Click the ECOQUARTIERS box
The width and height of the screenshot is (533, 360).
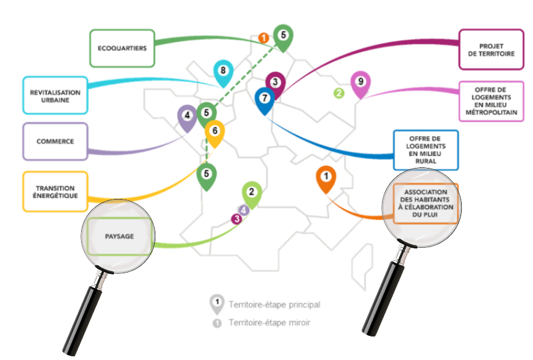pyautogui.click(x=121, y=48)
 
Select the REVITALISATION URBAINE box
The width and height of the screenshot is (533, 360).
pyautogui.click(x=54, y=95)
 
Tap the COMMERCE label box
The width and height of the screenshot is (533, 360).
pyautogui.click(x=54, y=141)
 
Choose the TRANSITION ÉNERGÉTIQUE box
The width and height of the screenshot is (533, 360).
pyautogui.click(x=54, y=191)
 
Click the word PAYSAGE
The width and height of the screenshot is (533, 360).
pyautogui.click(x=119, y=236)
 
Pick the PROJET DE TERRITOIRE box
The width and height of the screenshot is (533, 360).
pyautogui.click(x=491, y=50)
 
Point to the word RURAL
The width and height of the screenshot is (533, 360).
pyautogui.click(x=426, y=160)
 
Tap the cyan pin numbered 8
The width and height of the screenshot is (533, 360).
pyautogui.click(x=223, y=72)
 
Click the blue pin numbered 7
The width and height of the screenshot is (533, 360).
pyautogui.click(x=264, y=99)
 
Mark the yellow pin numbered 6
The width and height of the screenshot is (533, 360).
pyautogui.click(x=214, y=132)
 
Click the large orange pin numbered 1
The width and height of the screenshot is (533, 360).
pyautogui.click(x=326, y=178)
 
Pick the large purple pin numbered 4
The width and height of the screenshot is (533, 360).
pyautogui.click(x=186, y=116)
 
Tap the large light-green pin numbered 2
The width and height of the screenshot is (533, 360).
pyautogui.click(x=251, y=193)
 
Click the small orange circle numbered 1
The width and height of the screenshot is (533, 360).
pyautogui.click(x=264, y=38)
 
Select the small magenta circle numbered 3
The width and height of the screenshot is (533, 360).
pyautogui.click(x=236, y=218)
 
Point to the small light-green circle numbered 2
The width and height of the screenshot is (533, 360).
pyautogui.click(x=339, y=94)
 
